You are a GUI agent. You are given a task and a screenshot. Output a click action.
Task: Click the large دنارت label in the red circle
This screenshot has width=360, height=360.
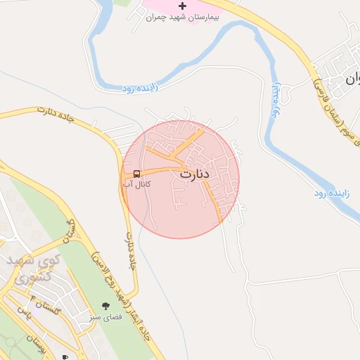coord(195,174)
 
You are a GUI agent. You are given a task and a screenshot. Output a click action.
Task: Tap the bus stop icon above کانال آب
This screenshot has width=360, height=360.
coord(136,173)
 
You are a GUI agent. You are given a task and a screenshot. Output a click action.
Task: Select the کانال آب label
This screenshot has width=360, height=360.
coord(137,184)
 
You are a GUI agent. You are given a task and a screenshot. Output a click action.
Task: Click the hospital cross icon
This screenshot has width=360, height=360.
coord(183,6)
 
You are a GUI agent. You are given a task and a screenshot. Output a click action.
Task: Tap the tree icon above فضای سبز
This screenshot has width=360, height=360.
coord(106,306)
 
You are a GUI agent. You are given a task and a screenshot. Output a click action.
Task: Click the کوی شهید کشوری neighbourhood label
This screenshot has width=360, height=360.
coord(34,269)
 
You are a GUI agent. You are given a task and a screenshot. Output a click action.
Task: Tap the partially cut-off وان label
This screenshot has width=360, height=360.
coord(352,79)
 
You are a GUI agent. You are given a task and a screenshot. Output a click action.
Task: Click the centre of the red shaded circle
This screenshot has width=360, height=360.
coord(181,179)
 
